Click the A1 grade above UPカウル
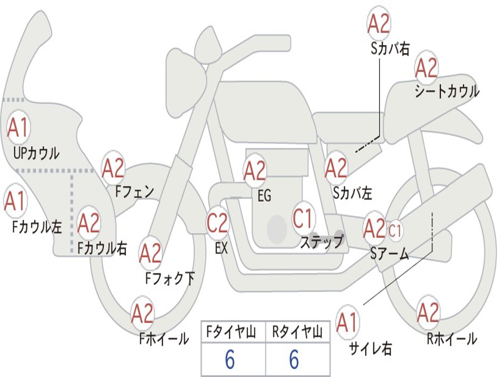click(x=18, y=128)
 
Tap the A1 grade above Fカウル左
click(x=15, y=201)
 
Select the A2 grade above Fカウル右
click(x=89, y=223)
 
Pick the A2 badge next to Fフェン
click(x=113, y=169)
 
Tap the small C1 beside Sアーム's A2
click(x=395, y=230)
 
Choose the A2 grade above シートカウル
click(x=426, y=68)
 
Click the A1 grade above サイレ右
click(x=347, y=322)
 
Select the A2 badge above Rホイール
click(x=428, y=313)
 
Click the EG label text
click(x=264, y=195)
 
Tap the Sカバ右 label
click(x=390, y=49)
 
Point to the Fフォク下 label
click(x=170, y=278)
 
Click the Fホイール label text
click(x=164, y=339)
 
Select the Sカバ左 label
click(x=352, y=192)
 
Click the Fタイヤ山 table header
click(x=231, y=332)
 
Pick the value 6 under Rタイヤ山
click(x=294, y=359)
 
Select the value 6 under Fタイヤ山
click(x=230, y=359)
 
